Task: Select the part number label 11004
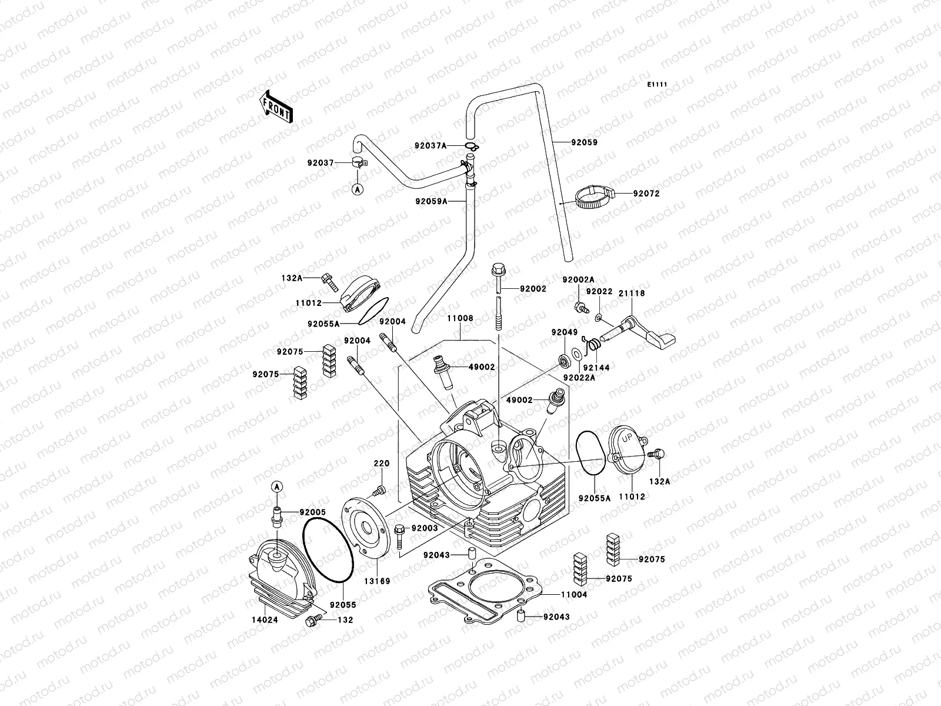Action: [x=575, y=595]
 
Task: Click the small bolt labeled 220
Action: [x=379, y=490]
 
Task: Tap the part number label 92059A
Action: [x=431, y=201]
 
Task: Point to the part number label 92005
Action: [x=312, y=512]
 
